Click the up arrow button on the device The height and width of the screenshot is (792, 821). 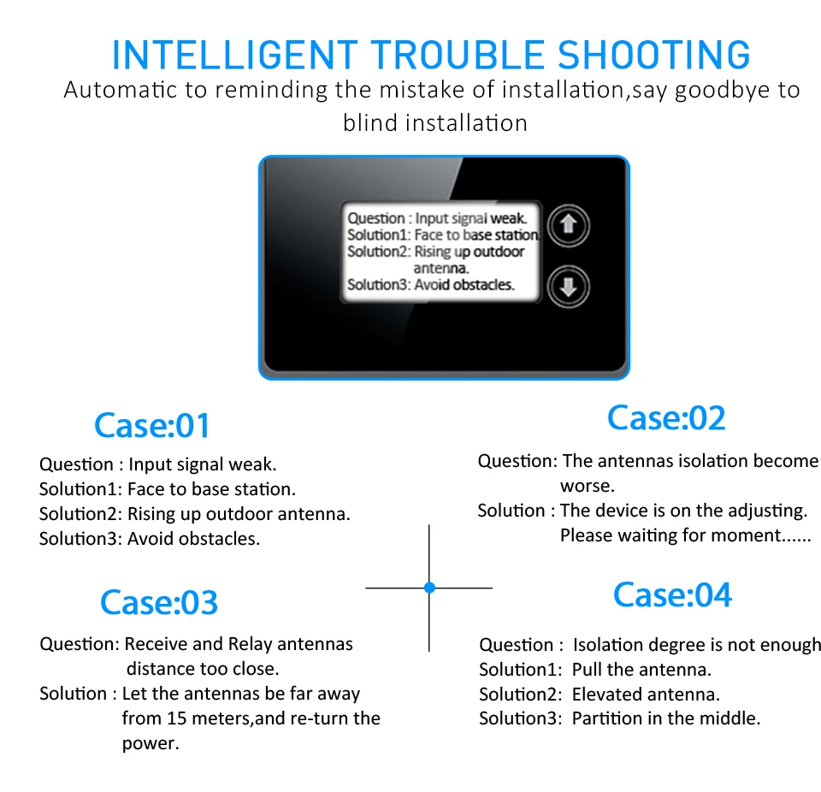coord(568,226)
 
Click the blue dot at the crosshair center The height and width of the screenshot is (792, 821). coord(429,588)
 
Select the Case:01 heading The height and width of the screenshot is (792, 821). coord(151,425)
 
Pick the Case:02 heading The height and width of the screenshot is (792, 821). coord(666,418)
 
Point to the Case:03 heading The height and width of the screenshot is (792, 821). coord(159,602)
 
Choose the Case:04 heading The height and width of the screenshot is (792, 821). coord(672,594)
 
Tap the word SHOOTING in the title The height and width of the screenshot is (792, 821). coord(653,55)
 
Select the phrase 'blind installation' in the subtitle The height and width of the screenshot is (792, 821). coord(435,123)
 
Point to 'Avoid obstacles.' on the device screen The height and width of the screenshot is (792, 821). coord(464,285)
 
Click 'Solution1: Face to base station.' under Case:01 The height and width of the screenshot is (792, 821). coord(168,489)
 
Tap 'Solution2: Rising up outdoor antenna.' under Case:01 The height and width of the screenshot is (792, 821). coord(195,514)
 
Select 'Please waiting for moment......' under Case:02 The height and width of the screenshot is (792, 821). coord(685,536)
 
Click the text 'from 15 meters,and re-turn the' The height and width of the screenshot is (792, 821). coord(251,718)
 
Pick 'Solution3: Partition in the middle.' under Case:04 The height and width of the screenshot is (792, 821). coord(619,718)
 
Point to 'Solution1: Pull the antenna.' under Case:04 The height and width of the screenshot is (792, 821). coord(595,669)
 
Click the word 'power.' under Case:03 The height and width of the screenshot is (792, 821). coord(151,743)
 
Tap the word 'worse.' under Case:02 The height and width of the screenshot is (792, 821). coord(588,486)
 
